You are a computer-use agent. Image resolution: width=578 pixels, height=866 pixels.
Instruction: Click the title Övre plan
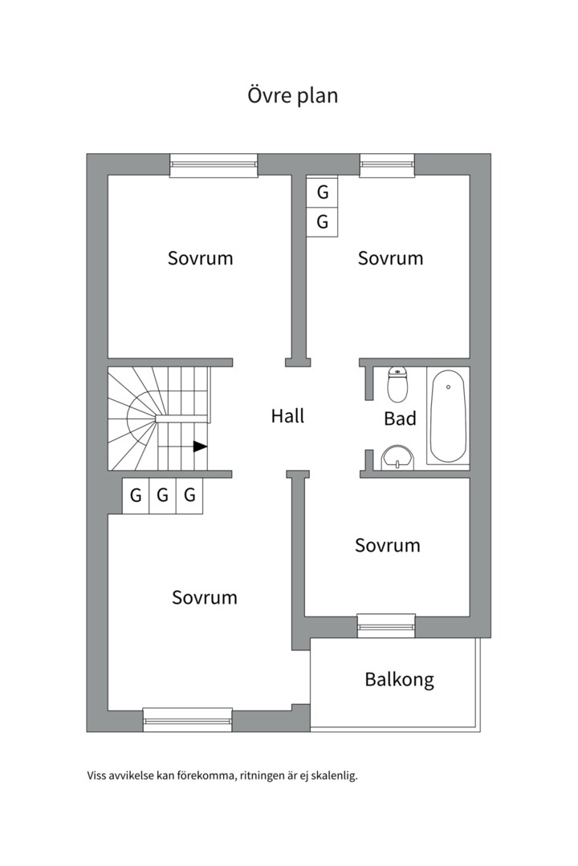coord(292,95)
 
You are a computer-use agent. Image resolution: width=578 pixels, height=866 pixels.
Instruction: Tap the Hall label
coord(287,415)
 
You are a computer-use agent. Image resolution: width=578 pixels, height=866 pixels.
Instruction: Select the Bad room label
coord(400,418)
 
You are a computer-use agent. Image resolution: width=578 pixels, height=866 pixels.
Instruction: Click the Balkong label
coord(399,679)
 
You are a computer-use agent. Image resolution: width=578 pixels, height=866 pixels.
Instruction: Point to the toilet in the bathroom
coord(397,384)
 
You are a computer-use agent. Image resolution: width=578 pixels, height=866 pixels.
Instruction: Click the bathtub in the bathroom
coord(448,415)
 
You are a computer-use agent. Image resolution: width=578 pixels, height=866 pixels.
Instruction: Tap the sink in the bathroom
coord(397,458)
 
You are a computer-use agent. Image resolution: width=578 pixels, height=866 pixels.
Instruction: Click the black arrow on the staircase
coord(200,447)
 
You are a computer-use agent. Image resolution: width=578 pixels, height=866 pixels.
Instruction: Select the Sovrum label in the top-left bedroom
coord(200,258)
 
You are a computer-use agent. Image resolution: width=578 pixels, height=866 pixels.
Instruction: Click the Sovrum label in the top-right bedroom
coord(390,258)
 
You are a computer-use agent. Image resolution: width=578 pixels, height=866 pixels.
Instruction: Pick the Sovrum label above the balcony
coord(388,545)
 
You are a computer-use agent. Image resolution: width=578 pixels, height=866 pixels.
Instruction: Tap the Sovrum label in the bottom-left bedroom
coord(205,597)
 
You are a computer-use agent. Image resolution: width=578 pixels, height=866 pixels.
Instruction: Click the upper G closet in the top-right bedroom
coord(323,192)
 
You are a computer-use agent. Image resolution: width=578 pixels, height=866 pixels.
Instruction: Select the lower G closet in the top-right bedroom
coord(323,222)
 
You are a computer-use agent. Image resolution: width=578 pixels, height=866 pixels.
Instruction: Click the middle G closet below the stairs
coord(163,495)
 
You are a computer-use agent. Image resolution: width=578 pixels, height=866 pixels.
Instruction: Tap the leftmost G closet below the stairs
coord(136,495)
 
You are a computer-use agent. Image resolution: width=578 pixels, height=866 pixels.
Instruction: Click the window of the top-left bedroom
coord(214,165)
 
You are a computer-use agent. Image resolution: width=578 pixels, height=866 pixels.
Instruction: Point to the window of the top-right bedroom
coord(387,165)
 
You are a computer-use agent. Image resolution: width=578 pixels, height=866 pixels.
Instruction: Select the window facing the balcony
coord(386,625)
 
